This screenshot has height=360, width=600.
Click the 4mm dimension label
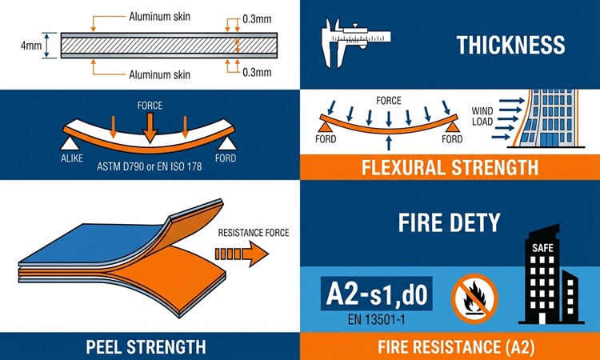[31, 46]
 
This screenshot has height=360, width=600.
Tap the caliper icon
[356, 43]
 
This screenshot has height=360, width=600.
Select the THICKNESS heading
[511, 45]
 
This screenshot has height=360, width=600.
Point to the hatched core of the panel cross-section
[169, 46]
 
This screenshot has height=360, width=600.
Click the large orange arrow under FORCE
[150, 128]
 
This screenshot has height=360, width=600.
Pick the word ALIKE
[72, 158]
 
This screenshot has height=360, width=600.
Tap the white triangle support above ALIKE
[70, 143]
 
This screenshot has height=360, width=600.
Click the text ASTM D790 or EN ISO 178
[150, 167]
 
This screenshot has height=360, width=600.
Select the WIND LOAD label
[482, 116]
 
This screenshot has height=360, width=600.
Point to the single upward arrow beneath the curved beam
[389, 142]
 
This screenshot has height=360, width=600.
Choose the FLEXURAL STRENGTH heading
[450, 168]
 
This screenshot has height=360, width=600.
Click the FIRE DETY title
[450, 222]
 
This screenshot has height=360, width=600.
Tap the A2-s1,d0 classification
[377, 294]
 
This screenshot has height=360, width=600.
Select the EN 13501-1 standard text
[376, 319]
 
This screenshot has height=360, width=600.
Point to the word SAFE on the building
[542, 248]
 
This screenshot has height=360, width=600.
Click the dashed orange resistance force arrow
[242, 254]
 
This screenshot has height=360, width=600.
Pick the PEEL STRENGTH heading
[146, 346]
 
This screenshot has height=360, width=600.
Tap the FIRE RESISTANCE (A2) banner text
[456, 347]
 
